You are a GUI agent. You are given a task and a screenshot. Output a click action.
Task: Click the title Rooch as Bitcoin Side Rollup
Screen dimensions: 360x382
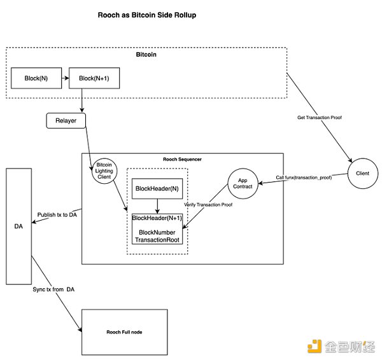147,15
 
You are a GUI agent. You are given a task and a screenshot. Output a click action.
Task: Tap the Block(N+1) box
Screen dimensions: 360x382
94,78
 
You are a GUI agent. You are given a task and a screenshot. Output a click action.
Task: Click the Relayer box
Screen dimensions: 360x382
66,120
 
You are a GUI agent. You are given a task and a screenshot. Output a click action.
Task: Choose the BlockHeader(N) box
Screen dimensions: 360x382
157,188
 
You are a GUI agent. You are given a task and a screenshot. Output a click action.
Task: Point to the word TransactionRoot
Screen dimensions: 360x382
157,240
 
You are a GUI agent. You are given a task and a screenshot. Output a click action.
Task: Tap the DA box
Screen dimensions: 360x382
18,226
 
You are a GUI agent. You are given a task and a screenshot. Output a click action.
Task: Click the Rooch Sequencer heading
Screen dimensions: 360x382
182,158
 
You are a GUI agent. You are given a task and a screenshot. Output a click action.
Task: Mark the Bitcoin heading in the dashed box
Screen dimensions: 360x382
146,55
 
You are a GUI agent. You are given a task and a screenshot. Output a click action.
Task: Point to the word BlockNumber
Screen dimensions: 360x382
157,232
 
